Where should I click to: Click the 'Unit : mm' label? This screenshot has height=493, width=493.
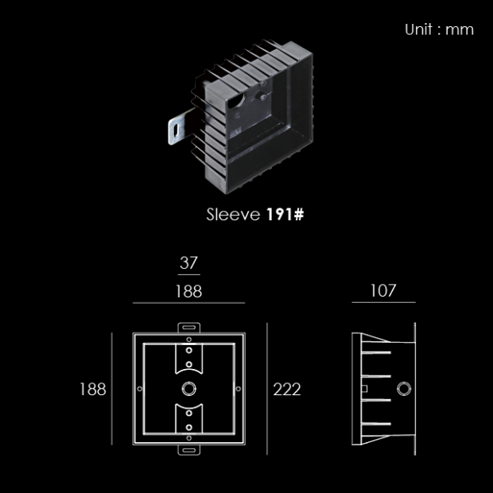coord(439,29)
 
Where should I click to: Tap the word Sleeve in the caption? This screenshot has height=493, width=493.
coord(233,215)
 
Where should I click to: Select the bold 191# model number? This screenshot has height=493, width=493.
coord(285,215)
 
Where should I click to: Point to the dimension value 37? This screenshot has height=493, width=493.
coord(188,262)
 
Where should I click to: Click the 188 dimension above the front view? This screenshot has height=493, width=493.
coord(188,291)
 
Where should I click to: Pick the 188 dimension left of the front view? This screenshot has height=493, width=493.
coord(93,390)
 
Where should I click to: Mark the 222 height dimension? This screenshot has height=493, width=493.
coord(287,390)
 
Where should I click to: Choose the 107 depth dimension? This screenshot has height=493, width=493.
coord(383,290)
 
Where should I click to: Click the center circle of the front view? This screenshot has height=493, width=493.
coord(189,389)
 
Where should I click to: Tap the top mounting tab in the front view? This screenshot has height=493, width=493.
coord(189,328)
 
